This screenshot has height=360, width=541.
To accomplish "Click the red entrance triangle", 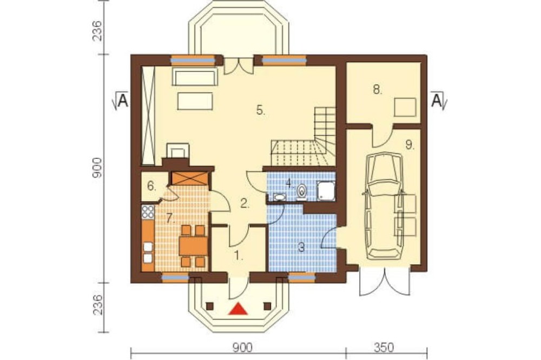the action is (x=238, y=309).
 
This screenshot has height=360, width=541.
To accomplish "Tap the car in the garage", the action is (x=384, y=206).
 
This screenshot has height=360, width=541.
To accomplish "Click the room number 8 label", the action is (x=378, y=90).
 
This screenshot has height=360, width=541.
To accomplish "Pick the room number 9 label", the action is (x=410, y=145).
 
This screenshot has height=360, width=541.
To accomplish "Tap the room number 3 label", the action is (x=301, y=248).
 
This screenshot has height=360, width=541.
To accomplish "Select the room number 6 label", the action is (x=152, y=186).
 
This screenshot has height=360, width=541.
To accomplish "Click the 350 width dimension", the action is (x=384, y=347).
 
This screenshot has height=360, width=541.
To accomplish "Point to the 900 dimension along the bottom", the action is (x=242, y=347).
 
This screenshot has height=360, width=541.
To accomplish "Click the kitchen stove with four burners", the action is (x=148, y=212).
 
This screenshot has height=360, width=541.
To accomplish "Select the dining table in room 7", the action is (x=193, y=245).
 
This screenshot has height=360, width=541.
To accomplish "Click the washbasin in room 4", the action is (x=279, y=197).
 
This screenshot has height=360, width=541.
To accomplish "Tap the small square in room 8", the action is (x=405, y=107).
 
